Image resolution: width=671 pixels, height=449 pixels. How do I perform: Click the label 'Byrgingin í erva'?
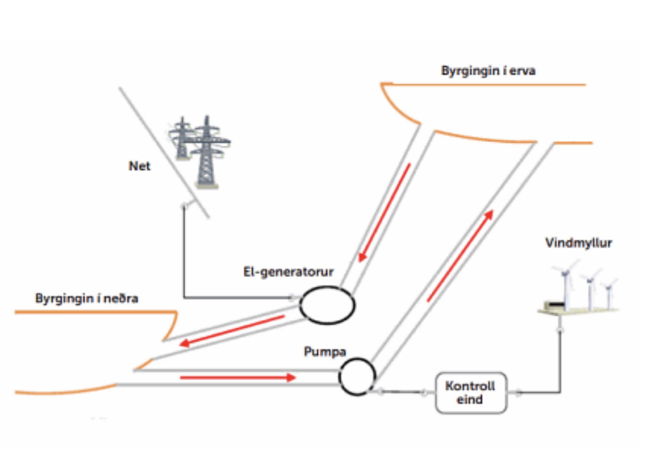[488, 71]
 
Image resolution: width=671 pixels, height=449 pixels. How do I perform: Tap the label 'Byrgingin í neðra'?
[86, 298]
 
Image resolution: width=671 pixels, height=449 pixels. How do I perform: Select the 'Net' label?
[139, 166]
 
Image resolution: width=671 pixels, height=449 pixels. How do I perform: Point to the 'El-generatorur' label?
[288, 272]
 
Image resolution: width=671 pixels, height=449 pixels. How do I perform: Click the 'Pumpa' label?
[325, 352]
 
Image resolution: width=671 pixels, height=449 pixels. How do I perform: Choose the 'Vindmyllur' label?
[578, 243]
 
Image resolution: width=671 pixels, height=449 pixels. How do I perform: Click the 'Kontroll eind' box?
[471, 393]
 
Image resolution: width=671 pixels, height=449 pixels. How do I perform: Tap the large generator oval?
[327, 305]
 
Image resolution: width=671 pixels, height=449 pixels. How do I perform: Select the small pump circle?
[357, 377]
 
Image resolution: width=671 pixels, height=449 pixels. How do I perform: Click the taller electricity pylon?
[207, 153]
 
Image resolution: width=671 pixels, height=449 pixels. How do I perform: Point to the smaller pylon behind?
[182, 138]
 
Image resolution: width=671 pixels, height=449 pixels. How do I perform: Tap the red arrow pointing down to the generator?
[384, 213]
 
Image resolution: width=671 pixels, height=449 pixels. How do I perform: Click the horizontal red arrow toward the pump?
[238, 378]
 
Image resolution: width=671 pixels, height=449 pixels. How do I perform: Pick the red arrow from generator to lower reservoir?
[232, 330]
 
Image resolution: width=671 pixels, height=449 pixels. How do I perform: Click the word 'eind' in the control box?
[469, 400]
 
